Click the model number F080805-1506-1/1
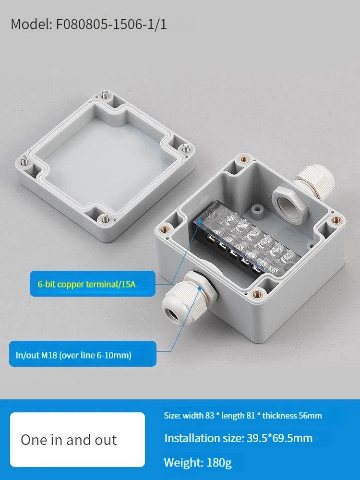point(111,24)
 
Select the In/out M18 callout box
point(83,354)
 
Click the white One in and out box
point(77,440)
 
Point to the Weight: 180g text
point(198,463)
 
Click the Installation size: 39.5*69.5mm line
point(239,438)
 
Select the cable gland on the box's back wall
point(314,181)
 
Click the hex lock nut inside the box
point(289,203)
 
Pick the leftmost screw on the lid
point(24,161)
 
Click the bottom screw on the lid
point(105,217)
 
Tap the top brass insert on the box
point(244,159)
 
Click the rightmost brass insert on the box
point(336,219)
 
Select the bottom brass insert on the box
point(257,295)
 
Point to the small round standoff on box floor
point(257,212)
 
